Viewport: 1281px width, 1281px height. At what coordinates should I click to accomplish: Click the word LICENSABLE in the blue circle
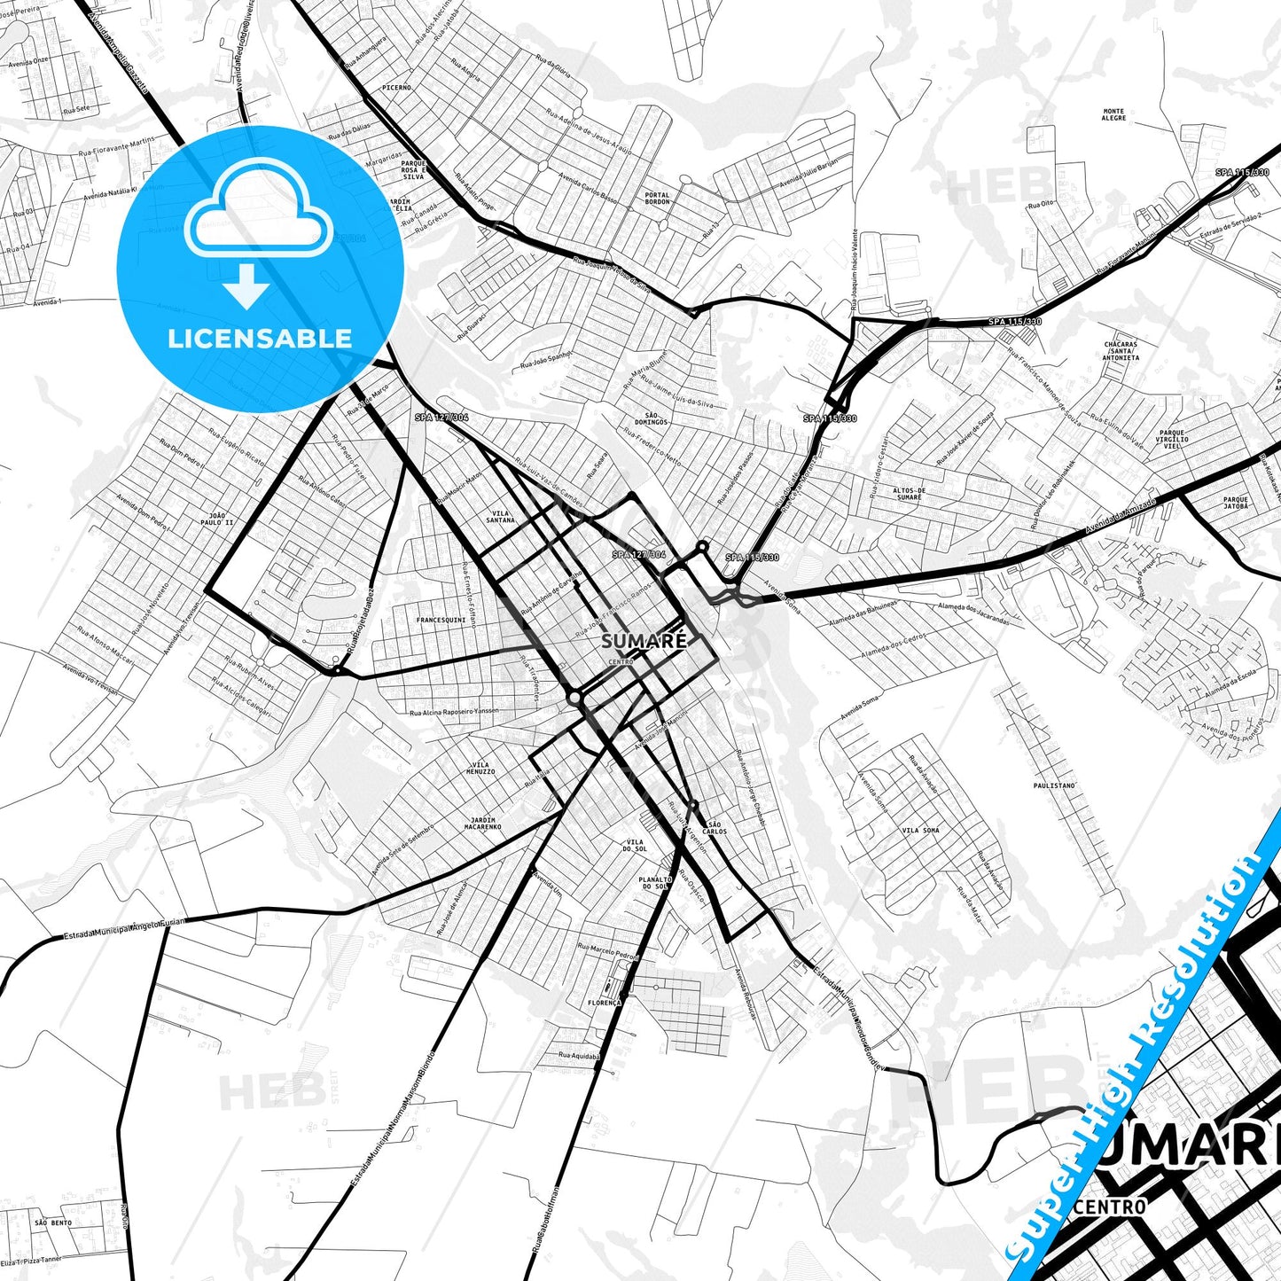click(260, 338)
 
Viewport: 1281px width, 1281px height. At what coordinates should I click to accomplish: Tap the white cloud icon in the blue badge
click(258, 216)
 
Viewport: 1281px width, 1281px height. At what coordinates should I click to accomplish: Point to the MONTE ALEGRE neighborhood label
click(1113, 115)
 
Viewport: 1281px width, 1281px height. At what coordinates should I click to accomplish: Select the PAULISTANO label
click(1054, 785)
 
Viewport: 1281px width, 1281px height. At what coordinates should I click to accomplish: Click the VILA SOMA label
click(920, 830)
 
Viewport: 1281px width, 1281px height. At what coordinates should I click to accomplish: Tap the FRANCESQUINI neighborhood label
click(441, 620)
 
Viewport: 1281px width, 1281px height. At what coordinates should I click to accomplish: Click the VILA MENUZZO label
click(480, 768)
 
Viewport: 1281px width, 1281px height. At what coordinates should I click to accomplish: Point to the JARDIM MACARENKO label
click(482, 824)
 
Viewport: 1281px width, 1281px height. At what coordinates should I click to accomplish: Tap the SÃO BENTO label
click(53, 1222)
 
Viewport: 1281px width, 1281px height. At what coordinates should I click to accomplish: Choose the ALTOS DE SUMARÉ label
click(909, 494)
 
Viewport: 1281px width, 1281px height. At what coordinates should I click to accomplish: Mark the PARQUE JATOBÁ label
click(1236, 503)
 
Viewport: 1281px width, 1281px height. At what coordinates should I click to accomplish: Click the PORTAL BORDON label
click(657, 198)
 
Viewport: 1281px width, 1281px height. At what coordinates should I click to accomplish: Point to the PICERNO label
click(396, 88)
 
